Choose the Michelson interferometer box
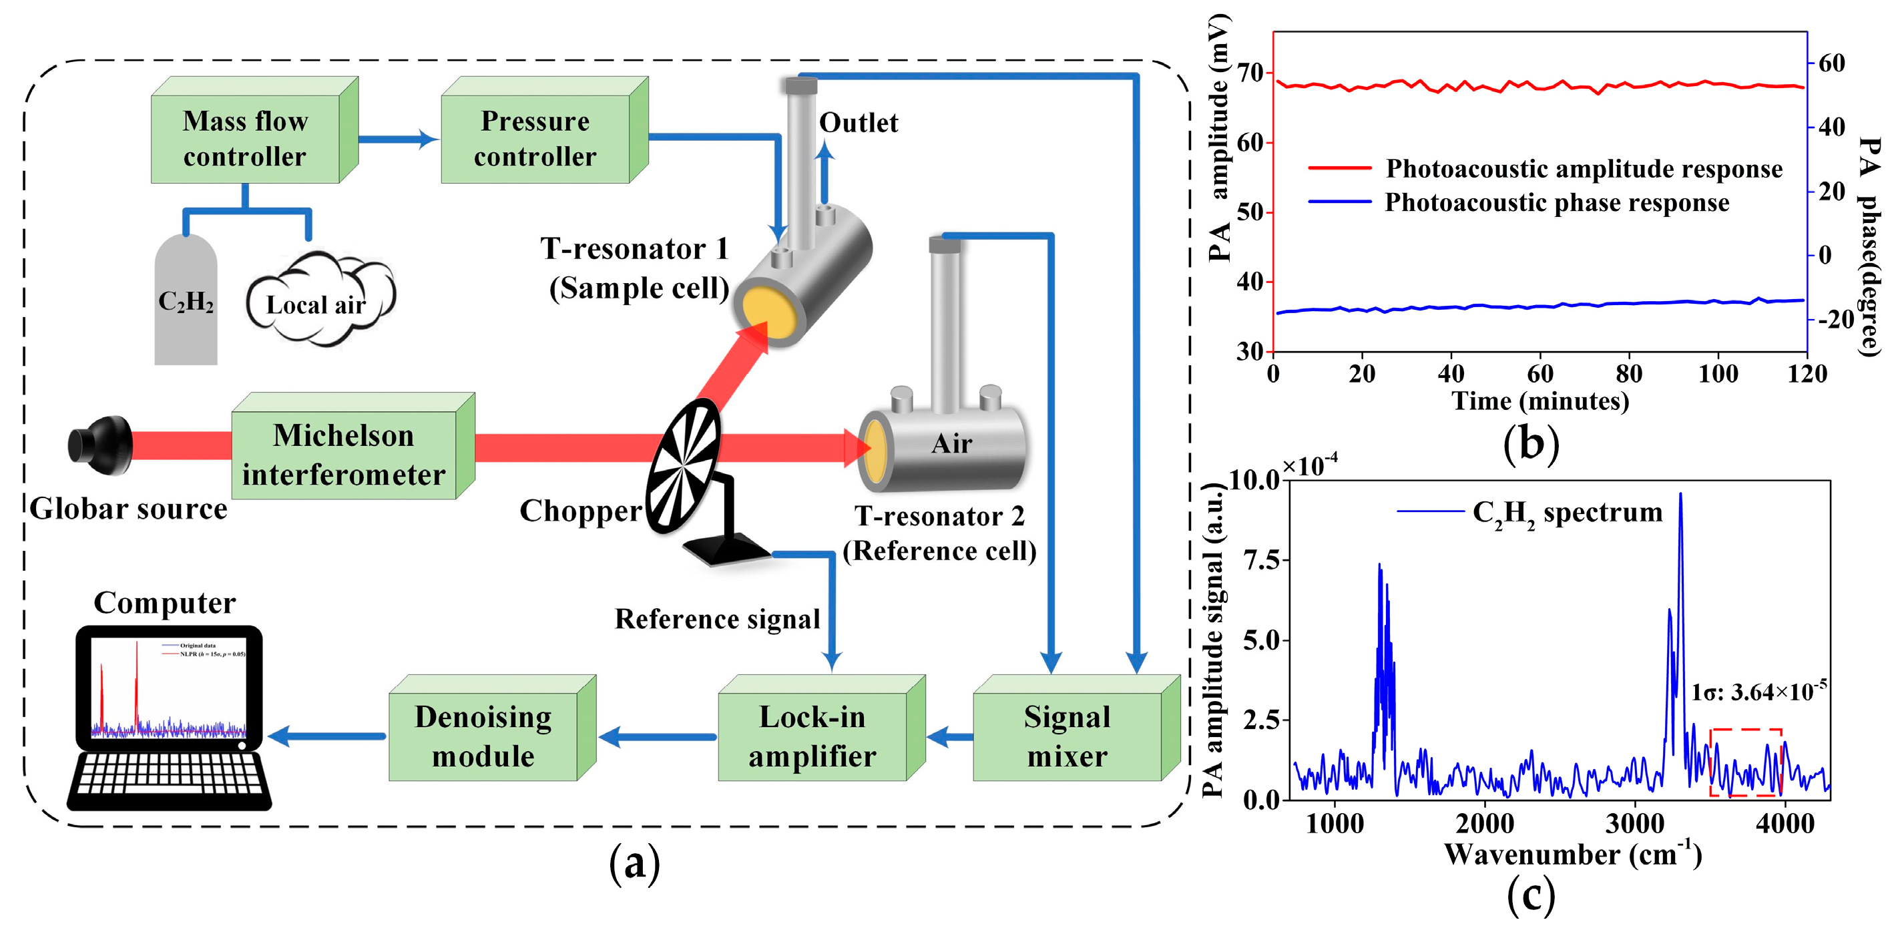(x=343, y=454)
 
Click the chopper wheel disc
(x=683, y=465)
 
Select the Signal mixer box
(x=1067, y=736)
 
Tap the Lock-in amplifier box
(x=812, y=736)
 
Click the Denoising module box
(x=483, y=736)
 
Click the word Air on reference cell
(x=951, y=444)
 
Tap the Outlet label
(x=858, y=123)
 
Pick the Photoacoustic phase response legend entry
(x=1556, y=202)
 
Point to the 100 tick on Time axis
(x=1718, y=374)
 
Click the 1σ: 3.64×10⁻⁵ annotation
(x=1758, y=692)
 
